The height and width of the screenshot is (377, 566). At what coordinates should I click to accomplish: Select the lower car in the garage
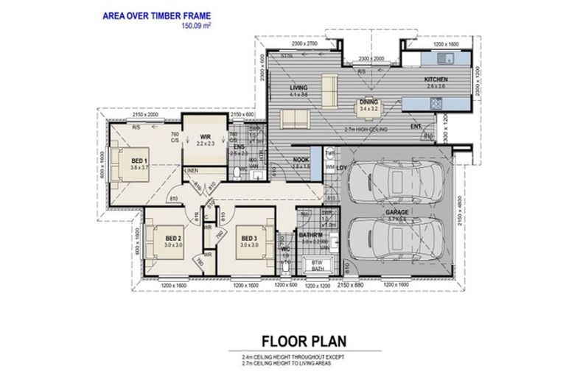point(395,242)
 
